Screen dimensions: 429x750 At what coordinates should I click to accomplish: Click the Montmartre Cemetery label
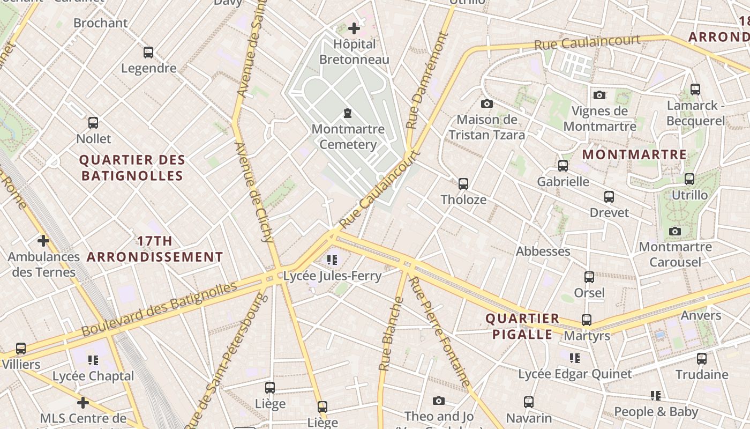pos(348,137)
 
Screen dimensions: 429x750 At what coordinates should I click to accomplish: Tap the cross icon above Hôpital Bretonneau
pos(354,28)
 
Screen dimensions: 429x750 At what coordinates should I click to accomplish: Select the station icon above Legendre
pos(148,53)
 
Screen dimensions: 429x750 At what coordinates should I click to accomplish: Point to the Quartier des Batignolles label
pos(132,168)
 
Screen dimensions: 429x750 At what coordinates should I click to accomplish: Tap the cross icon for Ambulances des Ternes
pos(43,241)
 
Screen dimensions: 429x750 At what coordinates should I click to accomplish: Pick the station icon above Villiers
pos(21,349)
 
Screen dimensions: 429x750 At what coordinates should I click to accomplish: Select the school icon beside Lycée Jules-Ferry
pos(332,261)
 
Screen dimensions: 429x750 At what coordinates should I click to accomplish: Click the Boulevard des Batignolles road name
pos(159,309)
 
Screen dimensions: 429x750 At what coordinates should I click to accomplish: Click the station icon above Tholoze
pos(463,184)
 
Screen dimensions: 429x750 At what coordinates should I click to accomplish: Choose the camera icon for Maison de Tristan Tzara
pos(486,103)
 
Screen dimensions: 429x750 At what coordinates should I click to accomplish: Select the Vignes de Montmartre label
pos(599,119)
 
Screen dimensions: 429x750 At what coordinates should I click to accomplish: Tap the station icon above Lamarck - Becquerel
pos(695,90)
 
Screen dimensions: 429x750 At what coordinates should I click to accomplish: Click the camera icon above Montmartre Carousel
pos(675,231)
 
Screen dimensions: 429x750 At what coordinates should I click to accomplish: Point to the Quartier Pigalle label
pos(522,327)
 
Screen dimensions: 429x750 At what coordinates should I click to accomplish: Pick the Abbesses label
pos(543,251)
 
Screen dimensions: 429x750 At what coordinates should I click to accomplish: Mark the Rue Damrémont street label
pos(426,80)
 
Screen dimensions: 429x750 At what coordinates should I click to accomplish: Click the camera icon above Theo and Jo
pos(439,401)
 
